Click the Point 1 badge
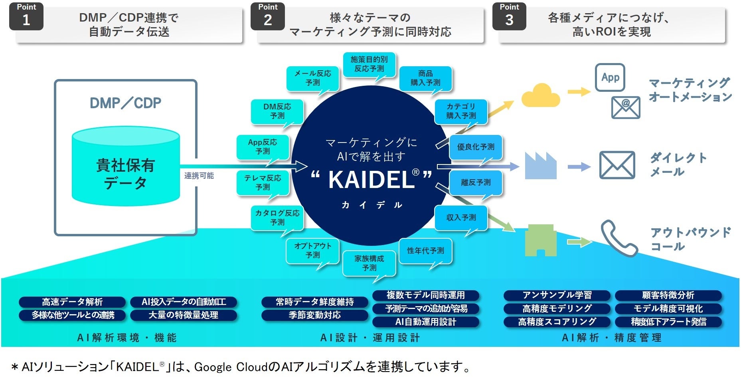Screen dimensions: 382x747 (x=26, y=16)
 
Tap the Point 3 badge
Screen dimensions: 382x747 (x=509, y=16)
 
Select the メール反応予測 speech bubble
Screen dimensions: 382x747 (x=313, y=78)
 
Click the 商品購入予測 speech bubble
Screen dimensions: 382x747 (x=425, y=78)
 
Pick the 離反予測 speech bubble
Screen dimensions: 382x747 (x=476, y=183)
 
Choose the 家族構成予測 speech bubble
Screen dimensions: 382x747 (x=369, y=263)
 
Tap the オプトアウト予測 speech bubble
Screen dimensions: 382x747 (x=313, y=250)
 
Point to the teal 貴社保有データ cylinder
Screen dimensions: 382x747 (x=126, y=168)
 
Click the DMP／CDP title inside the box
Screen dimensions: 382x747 (x=126, y=103)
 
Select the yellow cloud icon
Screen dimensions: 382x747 (x=540, y=96)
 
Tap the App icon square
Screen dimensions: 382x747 (x=610, y=77)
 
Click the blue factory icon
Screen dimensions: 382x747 (x=540, y=166)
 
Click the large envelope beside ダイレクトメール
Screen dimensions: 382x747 (x=617, y=165)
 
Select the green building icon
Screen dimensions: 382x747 (x=540, y=241)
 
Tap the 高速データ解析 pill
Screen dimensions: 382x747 (x=72, y=302)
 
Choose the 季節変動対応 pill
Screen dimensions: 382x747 (x=314, y=315)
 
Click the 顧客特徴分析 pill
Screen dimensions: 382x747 (x=668, y=295)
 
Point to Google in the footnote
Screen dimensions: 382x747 (x=213, y=367)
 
